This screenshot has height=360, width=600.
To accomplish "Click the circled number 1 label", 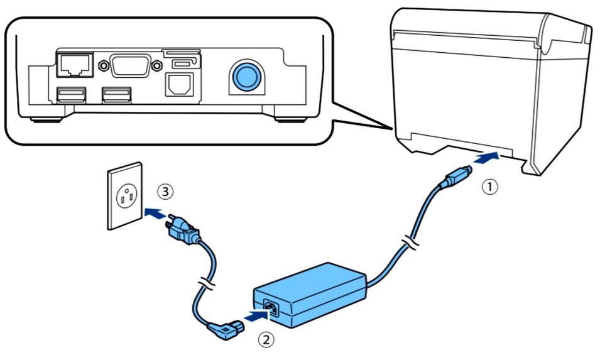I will tap(489, 187).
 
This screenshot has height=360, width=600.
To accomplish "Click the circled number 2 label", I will tap(267, 340).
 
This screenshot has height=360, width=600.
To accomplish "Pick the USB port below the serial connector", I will tap(117, 95).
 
